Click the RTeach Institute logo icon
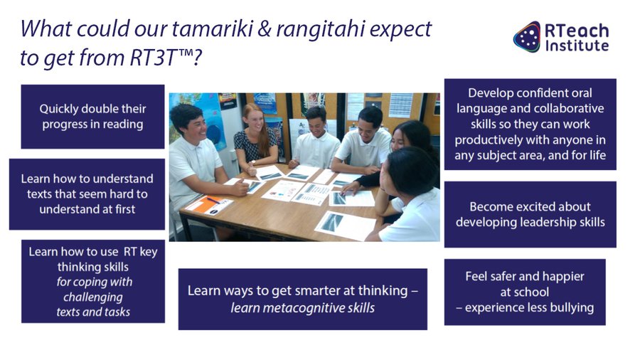[x=527, y=37]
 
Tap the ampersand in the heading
[x=265, y=29]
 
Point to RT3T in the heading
[x=153, y=58]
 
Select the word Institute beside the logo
[x=577, y=46]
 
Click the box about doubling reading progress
[x=92, y=117]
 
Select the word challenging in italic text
[x=93, y=297]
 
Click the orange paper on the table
[x=208, y=204]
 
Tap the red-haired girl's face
[x=252, y=118]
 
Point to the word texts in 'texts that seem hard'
[x=39, y=194]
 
